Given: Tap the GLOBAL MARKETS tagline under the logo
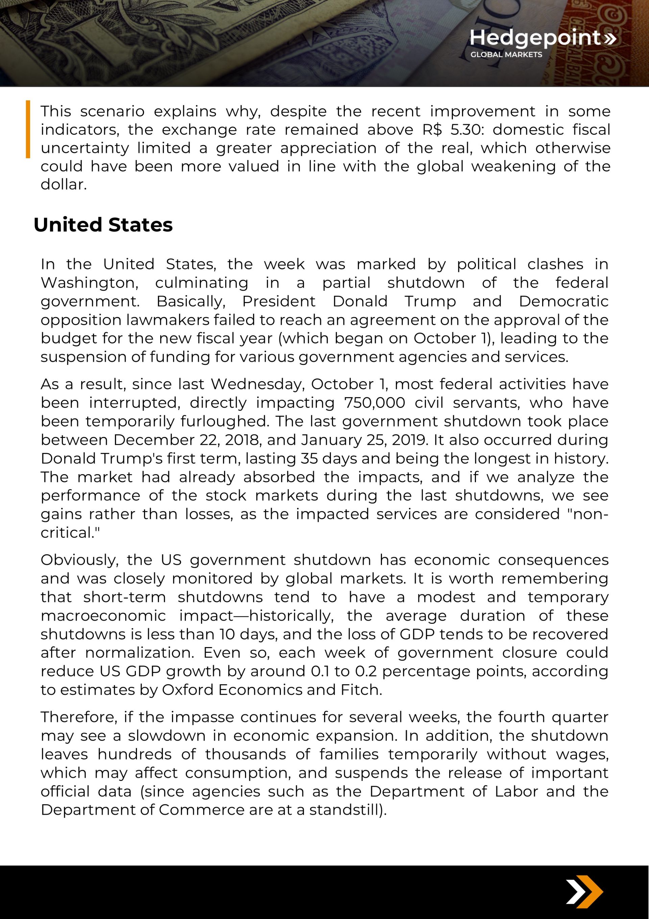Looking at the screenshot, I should pos(506,54).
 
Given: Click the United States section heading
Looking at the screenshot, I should pos(103,225).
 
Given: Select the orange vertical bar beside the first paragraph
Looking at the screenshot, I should pos(28,129).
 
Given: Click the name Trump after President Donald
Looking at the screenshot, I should pos(430,301).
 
